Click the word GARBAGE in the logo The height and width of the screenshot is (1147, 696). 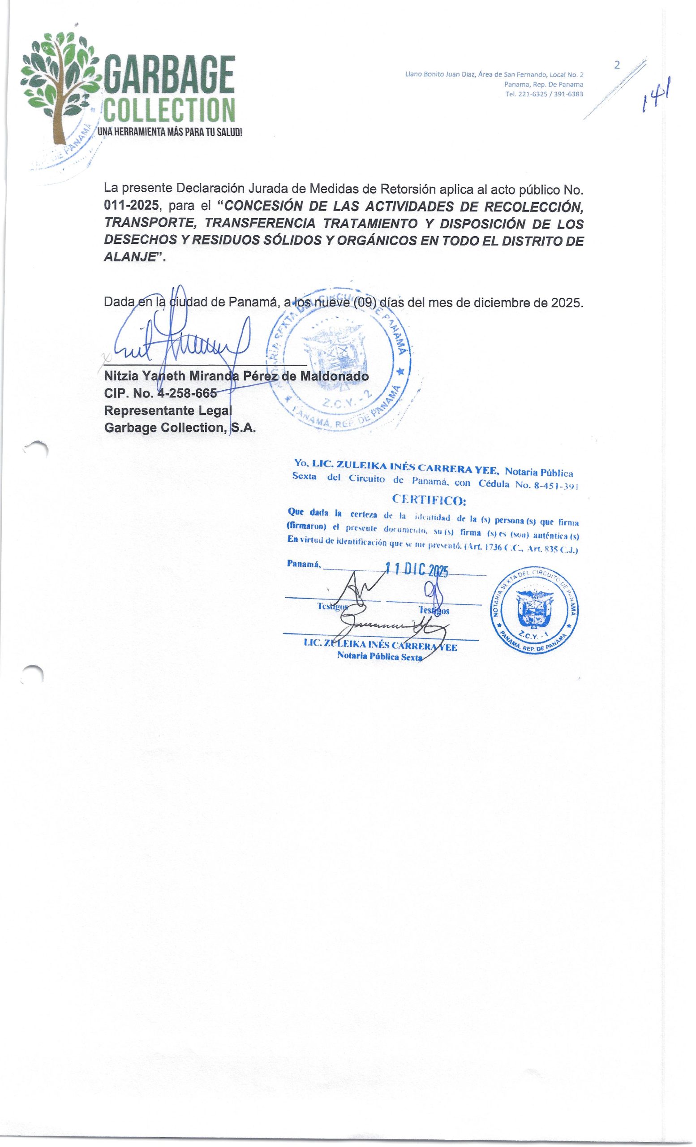[168, 75]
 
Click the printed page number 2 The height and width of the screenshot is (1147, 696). [617, 65]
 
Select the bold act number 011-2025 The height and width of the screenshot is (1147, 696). [132, 205]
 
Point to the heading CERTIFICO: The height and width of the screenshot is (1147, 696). [429, 501]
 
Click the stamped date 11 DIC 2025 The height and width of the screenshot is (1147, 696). [417, 571]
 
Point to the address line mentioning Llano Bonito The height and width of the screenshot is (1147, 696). [494, 74]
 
